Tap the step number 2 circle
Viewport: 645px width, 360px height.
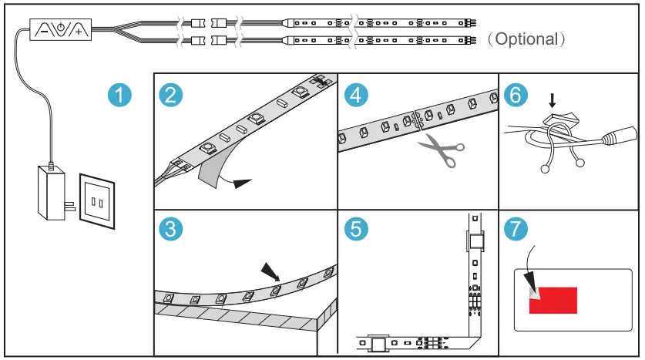(x=170, y=95)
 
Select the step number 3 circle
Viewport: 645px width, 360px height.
(x=170, y=229)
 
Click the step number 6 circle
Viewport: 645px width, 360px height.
(x=516, y=95)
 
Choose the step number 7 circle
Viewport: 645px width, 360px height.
(x=516, y=229)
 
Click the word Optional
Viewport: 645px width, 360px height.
(x=527, y=39)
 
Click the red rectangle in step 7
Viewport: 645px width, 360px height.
(x=553, y=299)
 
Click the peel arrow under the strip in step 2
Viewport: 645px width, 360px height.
(x=240, y=183)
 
